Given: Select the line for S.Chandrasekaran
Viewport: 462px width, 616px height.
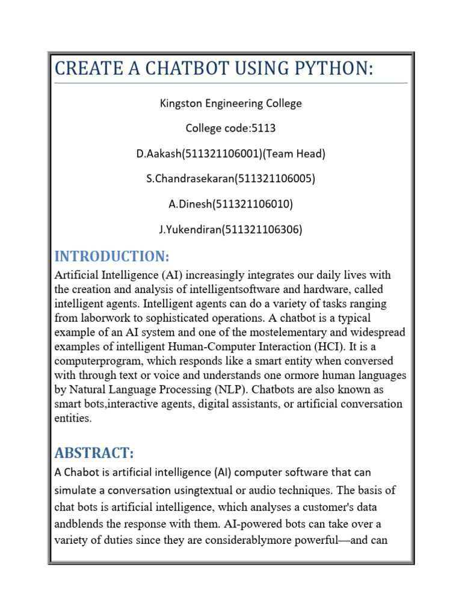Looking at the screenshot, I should point(230,179).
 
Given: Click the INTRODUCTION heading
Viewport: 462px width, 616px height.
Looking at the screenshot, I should point(112,256).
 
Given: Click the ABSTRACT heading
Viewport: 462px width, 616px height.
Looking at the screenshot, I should point(94,452).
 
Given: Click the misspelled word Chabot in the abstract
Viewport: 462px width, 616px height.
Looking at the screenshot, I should point(81,473).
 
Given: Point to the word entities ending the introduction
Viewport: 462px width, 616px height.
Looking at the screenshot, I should point(73,419).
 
